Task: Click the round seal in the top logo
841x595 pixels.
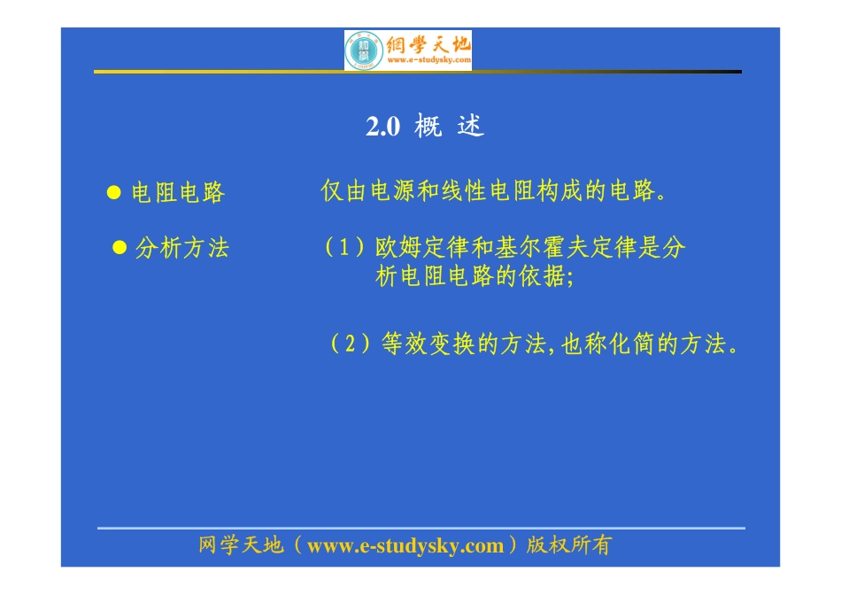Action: (364, 51)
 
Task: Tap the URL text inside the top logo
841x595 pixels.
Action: (429, 60)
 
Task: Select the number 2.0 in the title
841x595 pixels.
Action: (383, 127)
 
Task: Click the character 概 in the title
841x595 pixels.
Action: (428, 127)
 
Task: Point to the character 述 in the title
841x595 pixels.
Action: (470, 127)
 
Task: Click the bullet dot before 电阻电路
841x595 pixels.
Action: (113, 192)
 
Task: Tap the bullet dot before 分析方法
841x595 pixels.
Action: (120, 247)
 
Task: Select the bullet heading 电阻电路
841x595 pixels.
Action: (178, 192)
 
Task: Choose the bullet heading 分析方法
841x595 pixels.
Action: (182, 248)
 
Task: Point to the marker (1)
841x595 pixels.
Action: (344, 247)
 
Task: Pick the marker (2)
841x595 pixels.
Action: (351, 344)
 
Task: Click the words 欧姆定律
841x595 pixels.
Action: (422, 247)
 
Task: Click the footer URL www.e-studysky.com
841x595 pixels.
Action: (405, 545)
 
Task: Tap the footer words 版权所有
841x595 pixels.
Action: (568, 545)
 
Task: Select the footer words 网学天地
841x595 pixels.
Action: (241, 545)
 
